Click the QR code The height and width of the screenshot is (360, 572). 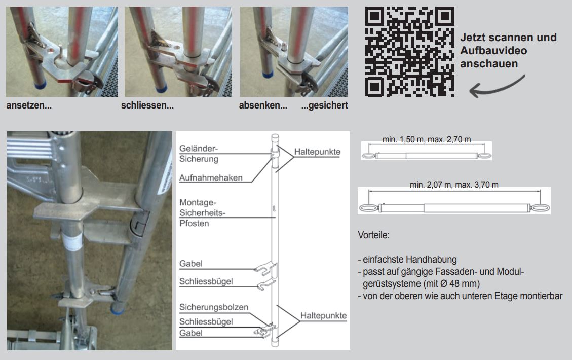pyautogui.click(x=410, y=51)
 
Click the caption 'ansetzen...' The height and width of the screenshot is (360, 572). pyautogui.click(x=29, y=106)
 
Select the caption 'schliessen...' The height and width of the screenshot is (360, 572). pyautogui.click(x=147, y=106)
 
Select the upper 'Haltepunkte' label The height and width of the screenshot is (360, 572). pyautogui.click(x=317, y=152)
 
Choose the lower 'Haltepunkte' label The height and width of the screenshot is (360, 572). pyautogui.click(x=323, y=315)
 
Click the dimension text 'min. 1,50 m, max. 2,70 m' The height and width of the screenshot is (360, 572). pyautogui.click(x=427, y=139)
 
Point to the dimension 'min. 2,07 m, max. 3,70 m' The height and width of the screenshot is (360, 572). pyautogui.click(x=454, y=185)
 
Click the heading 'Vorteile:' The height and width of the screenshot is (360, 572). pyautogui.click(x=373, y=236)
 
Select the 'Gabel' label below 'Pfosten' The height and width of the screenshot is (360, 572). pyautogui.click(x=190, y=264)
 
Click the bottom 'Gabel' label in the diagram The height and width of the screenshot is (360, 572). pyautogui.click(x=190, y=333)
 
